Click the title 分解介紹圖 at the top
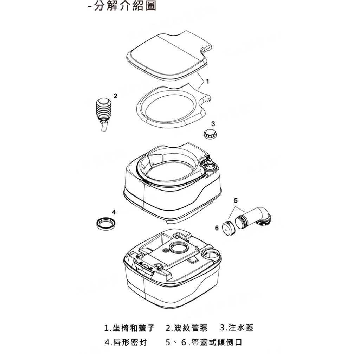[125, 6]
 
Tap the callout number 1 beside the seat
[208, 82]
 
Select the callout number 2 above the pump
[115, 96]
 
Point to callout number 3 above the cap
[213, 124]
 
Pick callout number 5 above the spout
[236, 201]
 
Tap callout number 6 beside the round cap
[217, 229]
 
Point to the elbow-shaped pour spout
[255, 218]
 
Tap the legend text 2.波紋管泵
[187, 328]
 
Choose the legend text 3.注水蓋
[237, 328]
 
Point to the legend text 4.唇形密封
[126, 342]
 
